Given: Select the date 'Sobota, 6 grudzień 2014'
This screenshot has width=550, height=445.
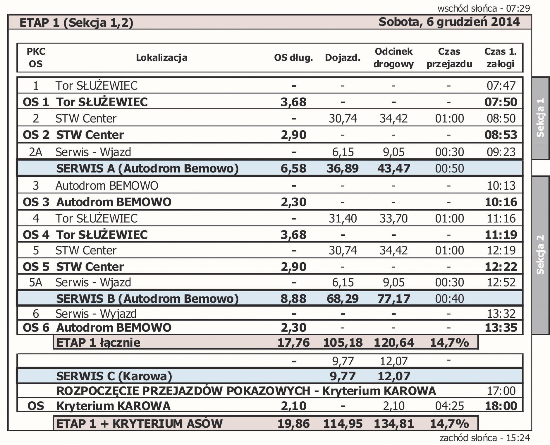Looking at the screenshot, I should coord(449,22).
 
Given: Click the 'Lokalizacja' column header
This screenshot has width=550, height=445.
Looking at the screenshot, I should coord(161,58).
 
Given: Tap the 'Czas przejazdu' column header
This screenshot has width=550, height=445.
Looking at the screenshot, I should coord(449,58).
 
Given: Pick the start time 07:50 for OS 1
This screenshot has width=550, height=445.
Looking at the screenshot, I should coord(501,102).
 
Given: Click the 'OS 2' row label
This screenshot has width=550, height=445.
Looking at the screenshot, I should coord(36,135).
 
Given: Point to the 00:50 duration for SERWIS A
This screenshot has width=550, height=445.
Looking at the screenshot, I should coord(449,169).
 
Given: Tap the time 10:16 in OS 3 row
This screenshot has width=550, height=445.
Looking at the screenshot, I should coord(501,202).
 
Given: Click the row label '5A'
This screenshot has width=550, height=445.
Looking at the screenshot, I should coord(36,283).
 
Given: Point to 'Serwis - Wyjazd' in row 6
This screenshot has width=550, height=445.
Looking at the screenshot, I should coord(96,314).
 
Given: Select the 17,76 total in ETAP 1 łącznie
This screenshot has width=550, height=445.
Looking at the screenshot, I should coord(293,343).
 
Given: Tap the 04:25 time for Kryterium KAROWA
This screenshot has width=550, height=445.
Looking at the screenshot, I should coord(449,406).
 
